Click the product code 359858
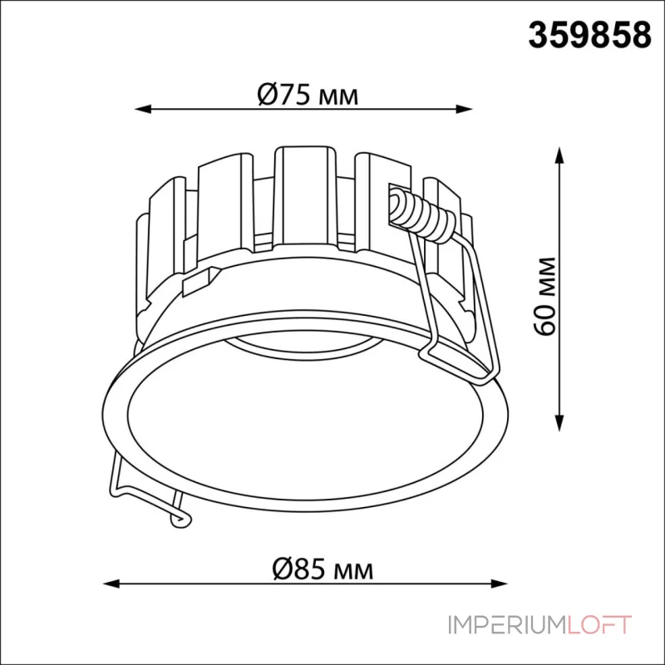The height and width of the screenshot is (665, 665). tap(589, 35)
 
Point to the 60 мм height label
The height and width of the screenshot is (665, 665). tap(544, 296)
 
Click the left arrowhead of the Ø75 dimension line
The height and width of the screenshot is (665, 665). tap(143, 109)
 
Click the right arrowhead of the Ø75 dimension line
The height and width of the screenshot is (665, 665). tap(464, 109)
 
